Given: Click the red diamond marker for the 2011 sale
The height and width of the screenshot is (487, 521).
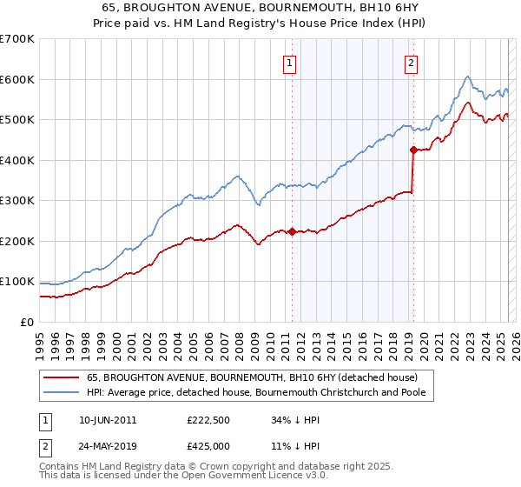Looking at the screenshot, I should click(292, 231).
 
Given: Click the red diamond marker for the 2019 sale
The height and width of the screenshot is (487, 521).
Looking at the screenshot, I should click(413, 150).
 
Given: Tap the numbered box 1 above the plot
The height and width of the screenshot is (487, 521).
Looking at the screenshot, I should click(288, 63).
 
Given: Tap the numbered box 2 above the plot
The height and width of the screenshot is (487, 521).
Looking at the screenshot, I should click(410, 63).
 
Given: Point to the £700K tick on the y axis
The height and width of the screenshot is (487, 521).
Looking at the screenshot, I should click(17, 39).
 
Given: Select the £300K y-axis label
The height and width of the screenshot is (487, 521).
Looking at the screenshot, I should click(17, 201).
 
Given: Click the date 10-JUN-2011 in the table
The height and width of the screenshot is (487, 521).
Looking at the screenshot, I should click(107, 419).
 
